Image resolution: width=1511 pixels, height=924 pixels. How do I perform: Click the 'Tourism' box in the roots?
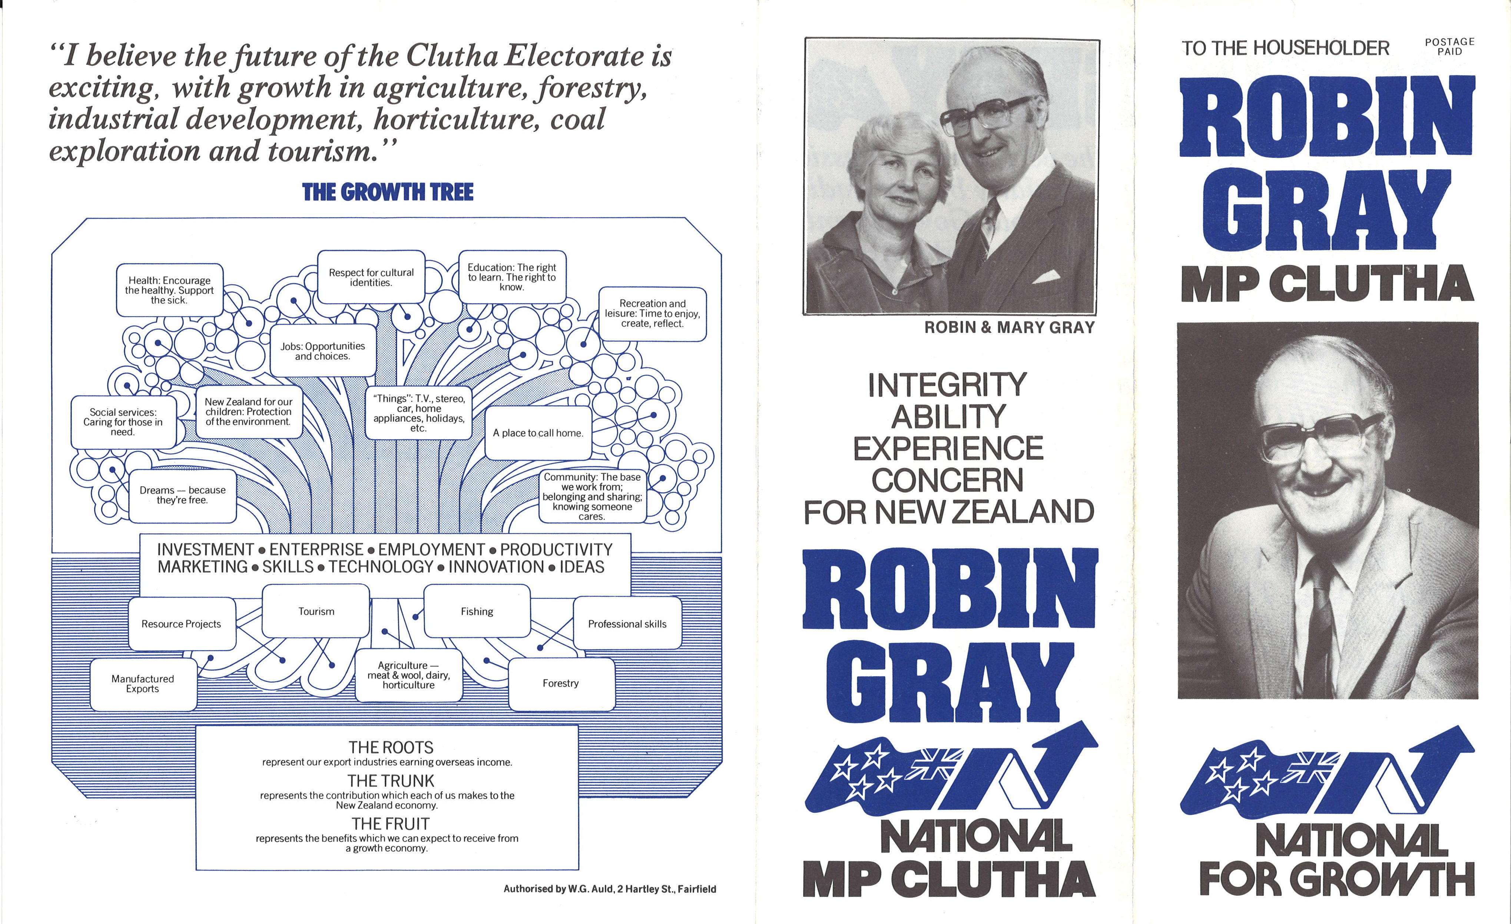(x=316, y=611)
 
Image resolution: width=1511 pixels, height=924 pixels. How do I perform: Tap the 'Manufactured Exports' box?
(x=143, y=684)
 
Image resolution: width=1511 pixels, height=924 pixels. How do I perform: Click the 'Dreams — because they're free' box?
(x=183, y=496)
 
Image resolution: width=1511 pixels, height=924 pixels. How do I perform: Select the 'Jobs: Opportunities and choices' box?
(x=322, y=351)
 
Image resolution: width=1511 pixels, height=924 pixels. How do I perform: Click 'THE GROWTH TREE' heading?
(x=388, y=192)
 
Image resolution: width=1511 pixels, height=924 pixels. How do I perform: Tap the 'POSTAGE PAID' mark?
(x=1450, y=47)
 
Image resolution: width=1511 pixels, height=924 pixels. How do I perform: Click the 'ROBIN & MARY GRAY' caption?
(x=1010, y=327)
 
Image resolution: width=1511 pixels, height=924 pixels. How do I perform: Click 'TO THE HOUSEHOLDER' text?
(x=1285, y=48)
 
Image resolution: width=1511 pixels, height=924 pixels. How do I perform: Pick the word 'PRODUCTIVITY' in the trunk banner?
(x=556, y=549)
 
